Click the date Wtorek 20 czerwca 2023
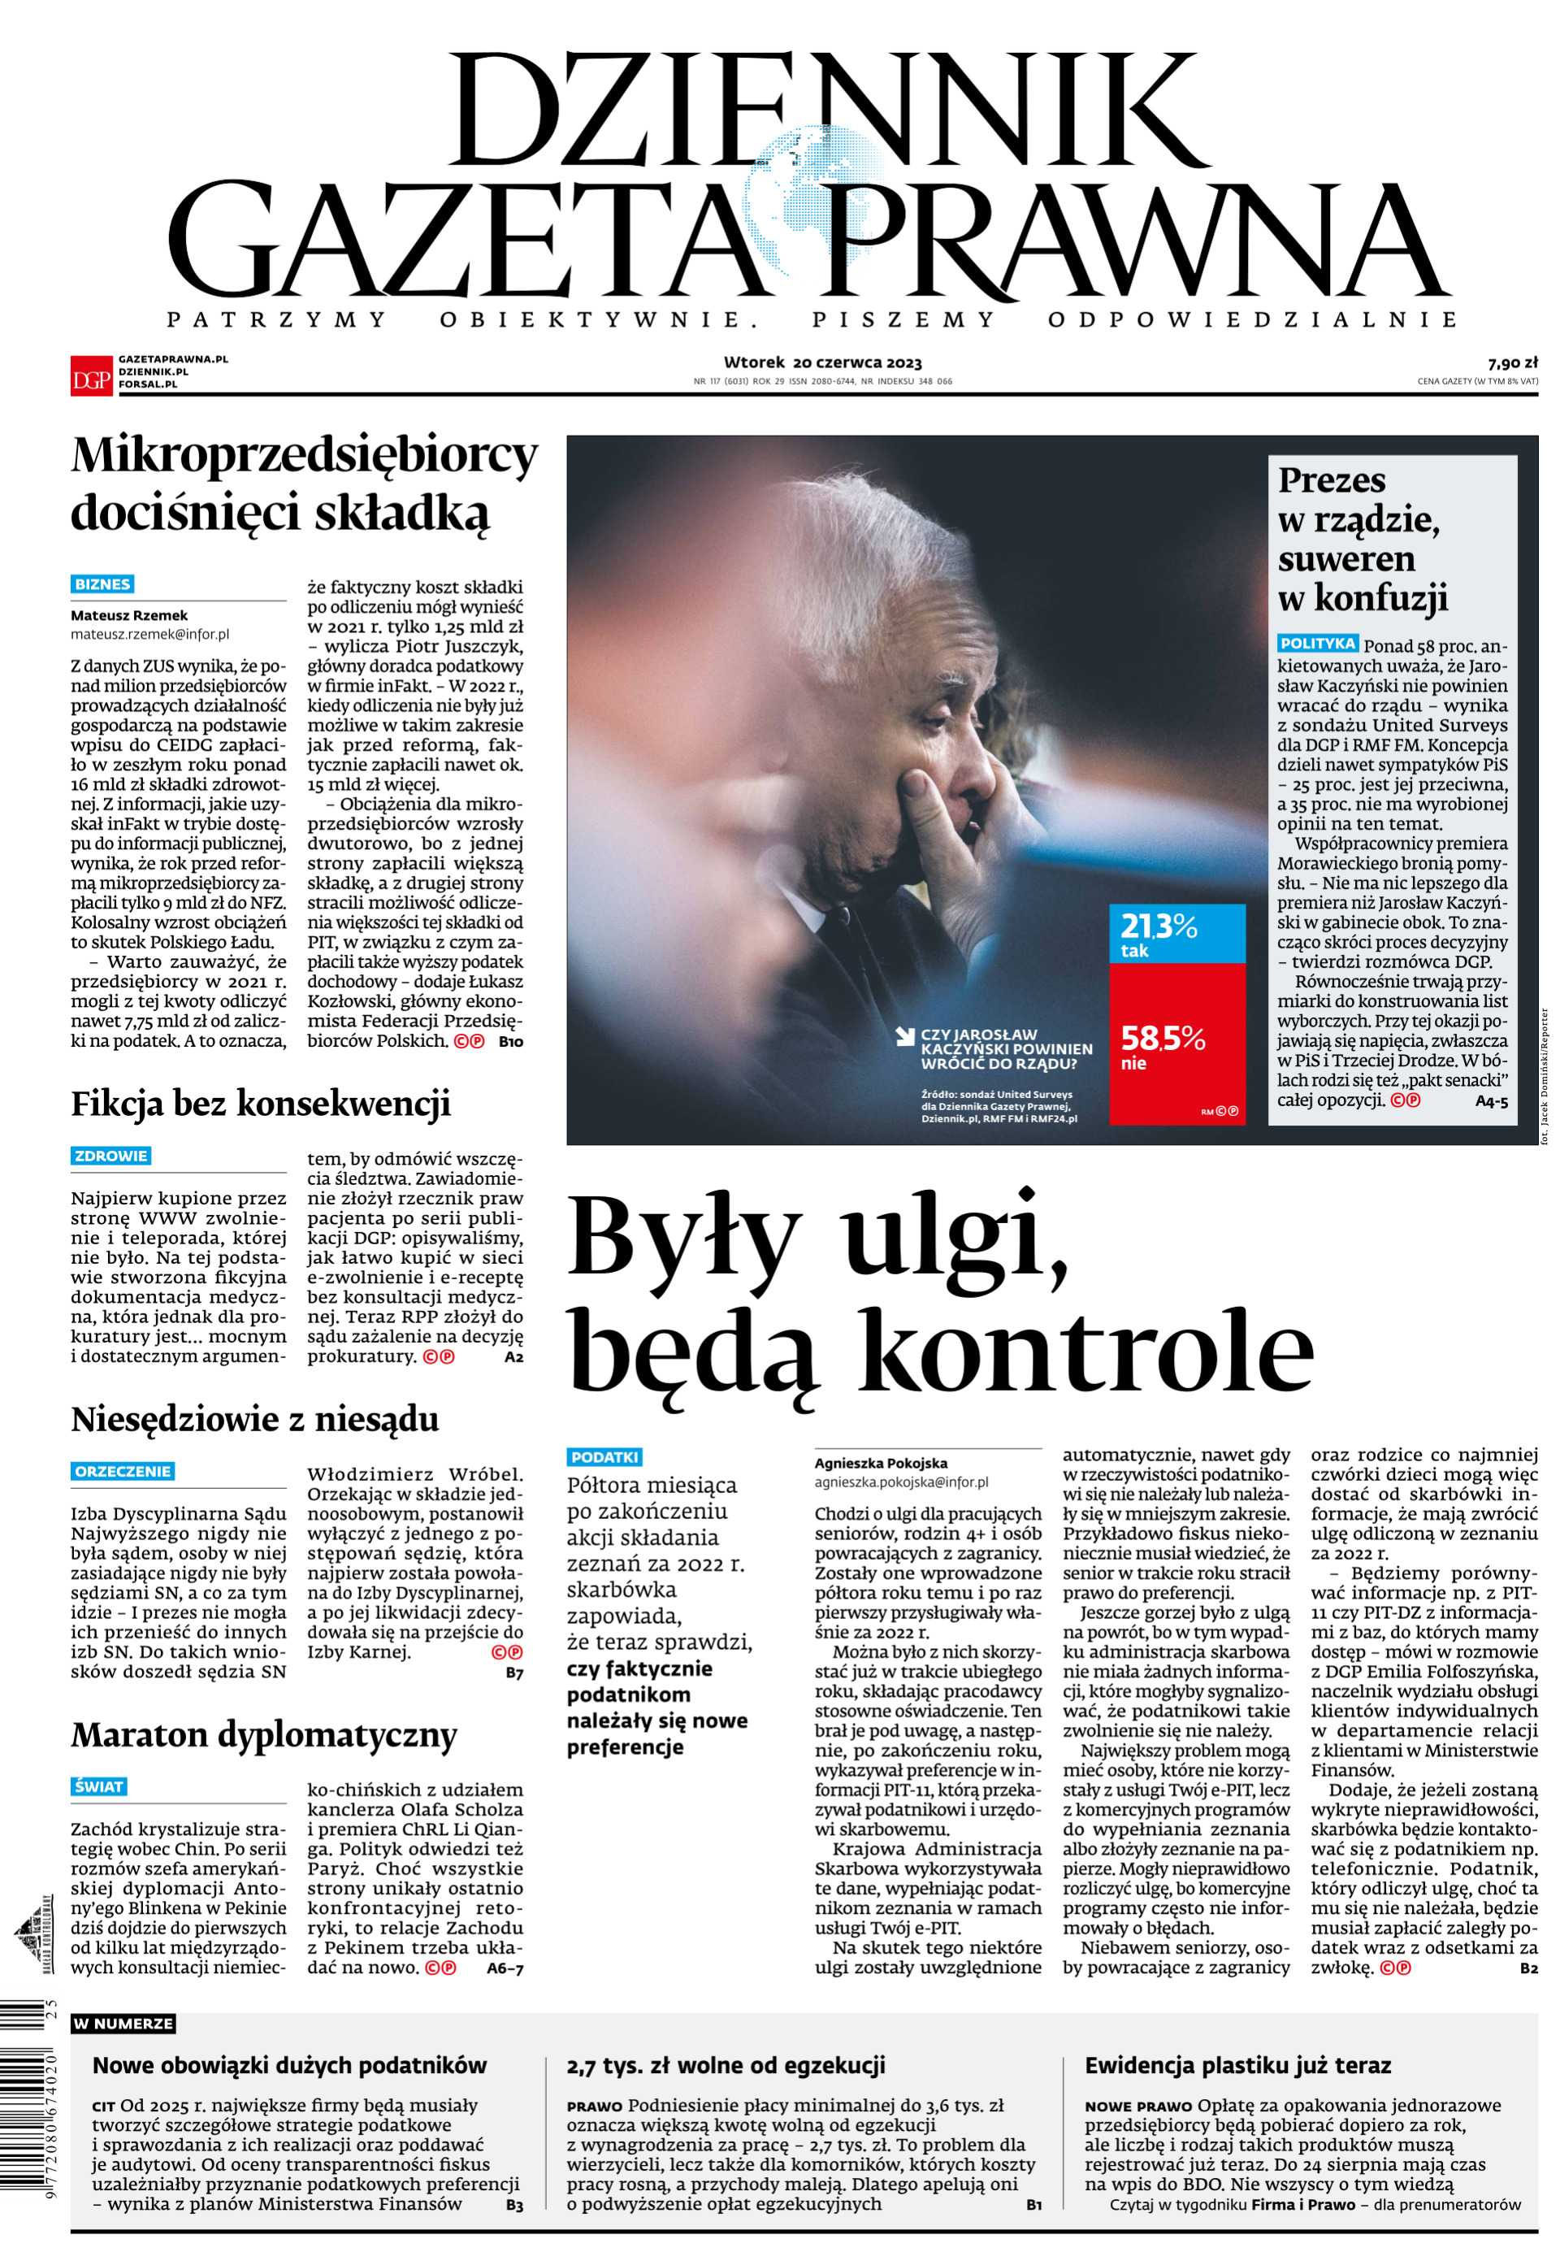pos(823,362)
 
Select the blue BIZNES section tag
pos(102,584)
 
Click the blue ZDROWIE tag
pos(110,1156)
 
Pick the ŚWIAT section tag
pos(99,1787)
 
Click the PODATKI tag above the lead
pos(605,1456)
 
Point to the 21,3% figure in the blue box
pos(1159,925)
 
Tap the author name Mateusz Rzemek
pos(129,616)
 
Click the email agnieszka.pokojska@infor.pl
pos(901,1482)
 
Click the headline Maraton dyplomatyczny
pos(264,1735)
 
